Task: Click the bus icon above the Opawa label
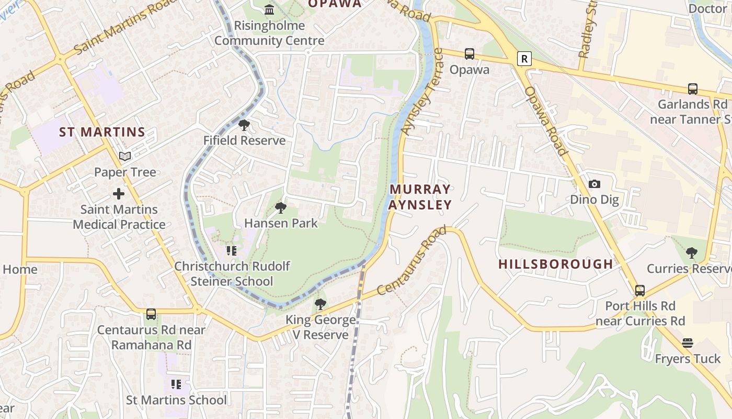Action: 470,54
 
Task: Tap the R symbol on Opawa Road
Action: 524,59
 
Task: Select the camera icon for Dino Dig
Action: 594,184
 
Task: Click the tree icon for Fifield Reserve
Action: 244,125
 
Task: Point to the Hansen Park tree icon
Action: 281,208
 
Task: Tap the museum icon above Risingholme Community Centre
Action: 269,9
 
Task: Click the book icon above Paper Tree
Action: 124,156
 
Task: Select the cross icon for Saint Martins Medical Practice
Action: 119,194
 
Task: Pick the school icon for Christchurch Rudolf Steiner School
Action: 231,250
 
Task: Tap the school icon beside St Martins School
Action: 176,384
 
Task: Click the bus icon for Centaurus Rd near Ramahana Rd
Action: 151,314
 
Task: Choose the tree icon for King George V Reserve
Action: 320,304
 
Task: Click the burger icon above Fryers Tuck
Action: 688,344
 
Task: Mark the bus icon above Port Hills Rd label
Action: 639,291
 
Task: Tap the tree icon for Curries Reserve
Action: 692,253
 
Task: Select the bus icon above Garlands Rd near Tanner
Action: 693,89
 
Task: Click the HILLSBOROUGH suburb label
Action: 555,264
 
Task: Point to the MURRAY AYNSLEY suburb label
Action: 420,196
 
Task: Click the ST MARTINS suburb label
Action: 102,132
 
